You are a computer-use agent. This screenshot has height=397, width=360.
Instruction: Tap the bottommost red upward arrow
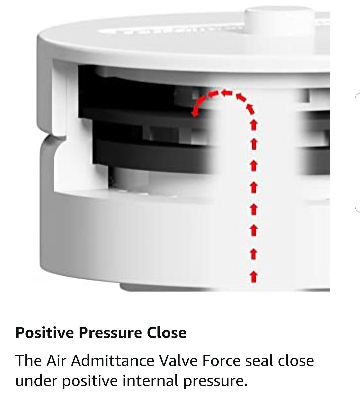[254, 276]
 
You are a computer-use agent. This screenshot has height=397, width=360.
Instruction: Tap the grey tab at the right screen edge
[357, 152]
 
